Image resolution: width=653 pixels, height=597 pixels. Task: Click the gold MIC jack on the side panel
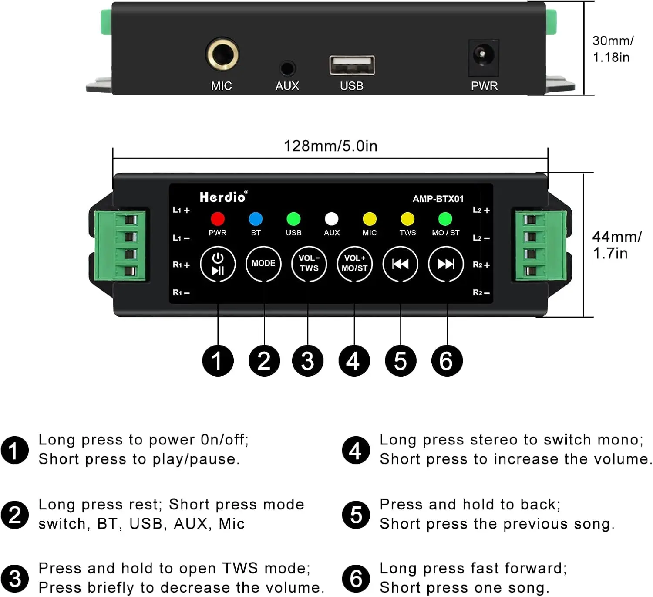[222, 54]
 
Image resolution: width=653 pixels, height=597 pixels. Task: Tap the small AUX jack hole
[287, 68]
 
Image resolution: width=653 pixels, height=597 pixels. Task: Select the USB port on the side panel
[352, 65]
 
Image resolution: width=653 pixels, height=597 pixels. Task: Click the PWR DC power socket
[483, 56]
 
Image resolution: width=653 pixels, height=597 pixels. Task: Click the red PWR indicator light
[218, 218]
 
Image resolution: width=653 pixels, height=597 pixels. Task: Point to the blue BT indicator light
[256, 218]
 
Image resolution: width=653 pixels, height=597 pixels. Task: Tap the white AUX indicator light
[331, 218]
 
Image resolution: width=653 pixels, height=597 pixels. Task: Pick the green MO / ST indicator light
[445, 218]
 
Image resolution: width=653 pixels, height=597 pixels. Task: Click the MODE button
[263, 264]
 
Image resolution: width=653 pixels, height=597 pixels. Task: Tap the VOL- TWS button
[309, 264]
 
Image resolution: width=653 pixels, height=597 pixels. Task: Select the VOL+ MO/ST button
[355, 264]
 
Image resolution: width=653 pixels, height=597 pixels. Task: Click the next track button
[446, 264]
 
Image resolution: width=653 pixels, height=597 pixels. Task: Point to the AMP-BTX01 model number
[438, 199]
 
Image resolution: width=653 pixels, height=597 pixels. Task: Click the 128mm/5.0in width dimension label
[330, 146]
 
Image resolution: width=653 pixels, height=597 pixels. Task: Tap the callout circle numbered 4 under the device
[354, 361]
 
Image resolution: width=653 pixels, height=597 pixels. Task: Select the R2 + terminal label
[481, 265]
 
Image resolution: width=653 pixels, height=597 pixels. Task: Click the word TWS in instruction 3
[240, 568]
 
